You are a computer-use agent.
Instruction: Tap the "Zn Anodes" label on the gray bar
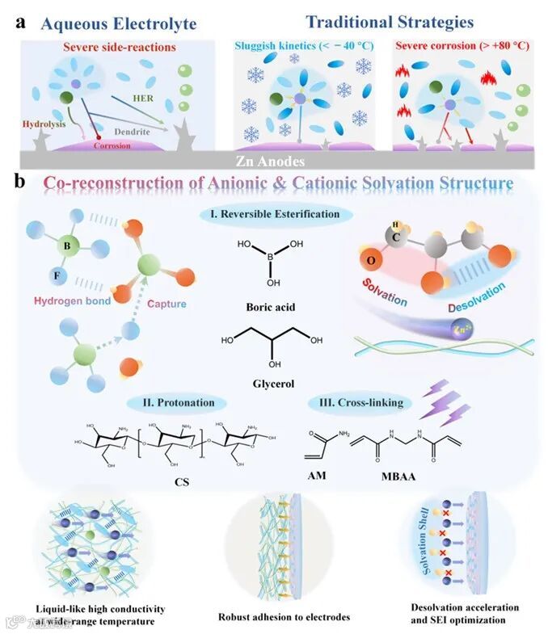click(273, 160)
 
